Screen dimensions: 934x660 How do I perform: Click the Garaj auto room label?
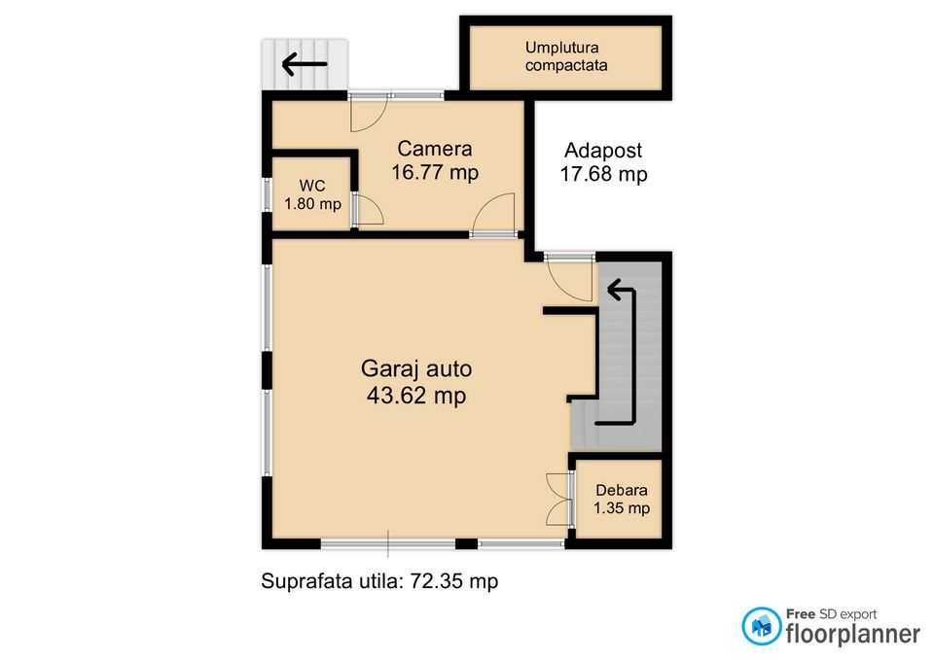pos(416,368)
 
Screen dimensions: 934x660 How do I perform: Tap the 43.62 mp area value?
pos(416,396)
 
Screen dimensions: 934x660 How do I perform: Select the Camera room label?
pos(435,148)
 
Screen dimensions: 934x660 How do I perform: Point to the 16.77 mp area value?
pos(435,173)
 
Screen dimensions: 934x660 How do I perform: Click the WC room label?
pos(312,186)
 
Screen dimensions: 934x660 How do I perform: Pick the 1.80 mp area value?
pos(312,204)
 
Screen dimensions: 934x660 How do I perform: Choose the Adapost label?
pos(603,150)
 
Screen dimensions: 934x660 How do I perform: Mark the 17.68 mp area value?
pos(603,174)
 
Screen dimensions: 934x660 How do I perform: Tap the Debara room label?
pos(622,490)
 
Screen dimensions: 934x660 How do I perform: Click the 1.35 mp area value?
pos(622,507)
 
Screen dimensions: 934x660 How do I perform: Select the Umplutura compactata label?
pos(566,56)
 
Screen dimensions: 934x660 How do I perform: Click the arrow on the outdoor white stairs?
pos(305,64)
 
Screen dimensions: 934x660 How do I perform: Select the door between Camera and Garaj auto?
pos(493,214)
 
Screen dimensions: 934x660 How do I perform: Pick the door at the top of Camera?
pos(369,113)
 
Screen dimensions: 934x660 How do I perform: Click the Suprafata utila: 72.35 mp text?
pos(379,581)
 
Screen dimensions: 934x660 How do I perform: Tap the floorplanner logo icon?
pos(761,626)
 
